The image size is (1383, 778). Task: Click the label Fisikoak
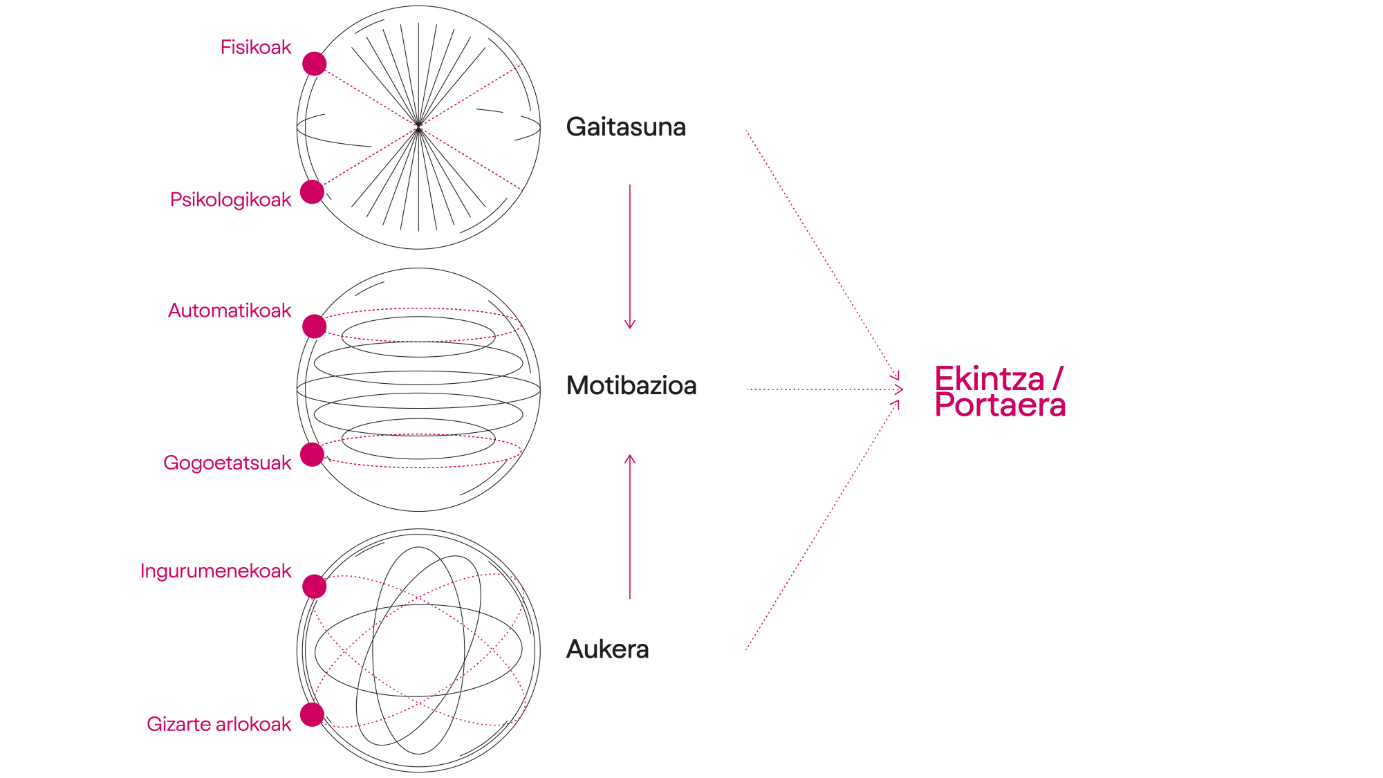256,48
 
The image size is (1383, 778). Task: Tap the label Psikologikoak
230,200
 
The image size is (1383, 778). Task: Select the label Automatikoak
230,311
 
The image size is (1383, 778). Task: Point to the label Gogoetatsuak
228,463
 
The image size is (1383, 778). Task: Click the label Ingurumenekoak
216,572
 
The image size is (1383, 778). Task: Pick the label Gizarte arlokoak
219,724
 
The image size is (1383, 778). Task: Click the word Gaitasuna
626,127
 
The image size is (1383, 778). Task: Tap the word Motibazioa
631,385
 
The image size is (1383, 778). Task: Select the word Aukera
607,650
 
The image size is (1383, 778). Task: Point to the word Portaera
1000,406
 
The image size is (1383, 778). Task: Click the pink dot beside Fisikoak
315,64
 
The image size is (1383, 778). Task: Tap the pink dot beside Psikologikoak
313,192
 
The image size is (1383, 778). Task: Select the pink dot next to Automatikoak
315,326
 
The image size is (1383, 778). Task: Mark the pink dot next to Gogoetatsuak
313,454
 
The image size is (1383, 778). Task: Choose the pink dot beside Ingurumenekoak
315,586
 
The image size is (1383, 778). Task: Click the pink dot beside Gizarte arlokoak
313,714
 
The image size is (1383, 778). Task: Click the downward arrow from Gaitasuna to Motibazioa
629,256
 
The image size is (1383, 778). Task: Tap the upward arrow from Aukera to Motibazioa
630,526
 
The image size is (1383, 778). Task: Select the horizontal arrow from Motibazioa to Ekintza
823,390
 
